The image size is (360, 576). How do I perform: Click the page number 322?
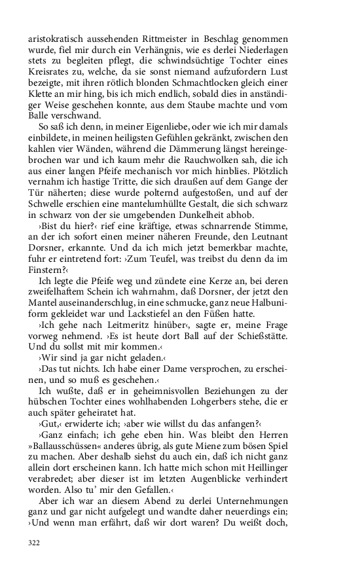35,543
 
